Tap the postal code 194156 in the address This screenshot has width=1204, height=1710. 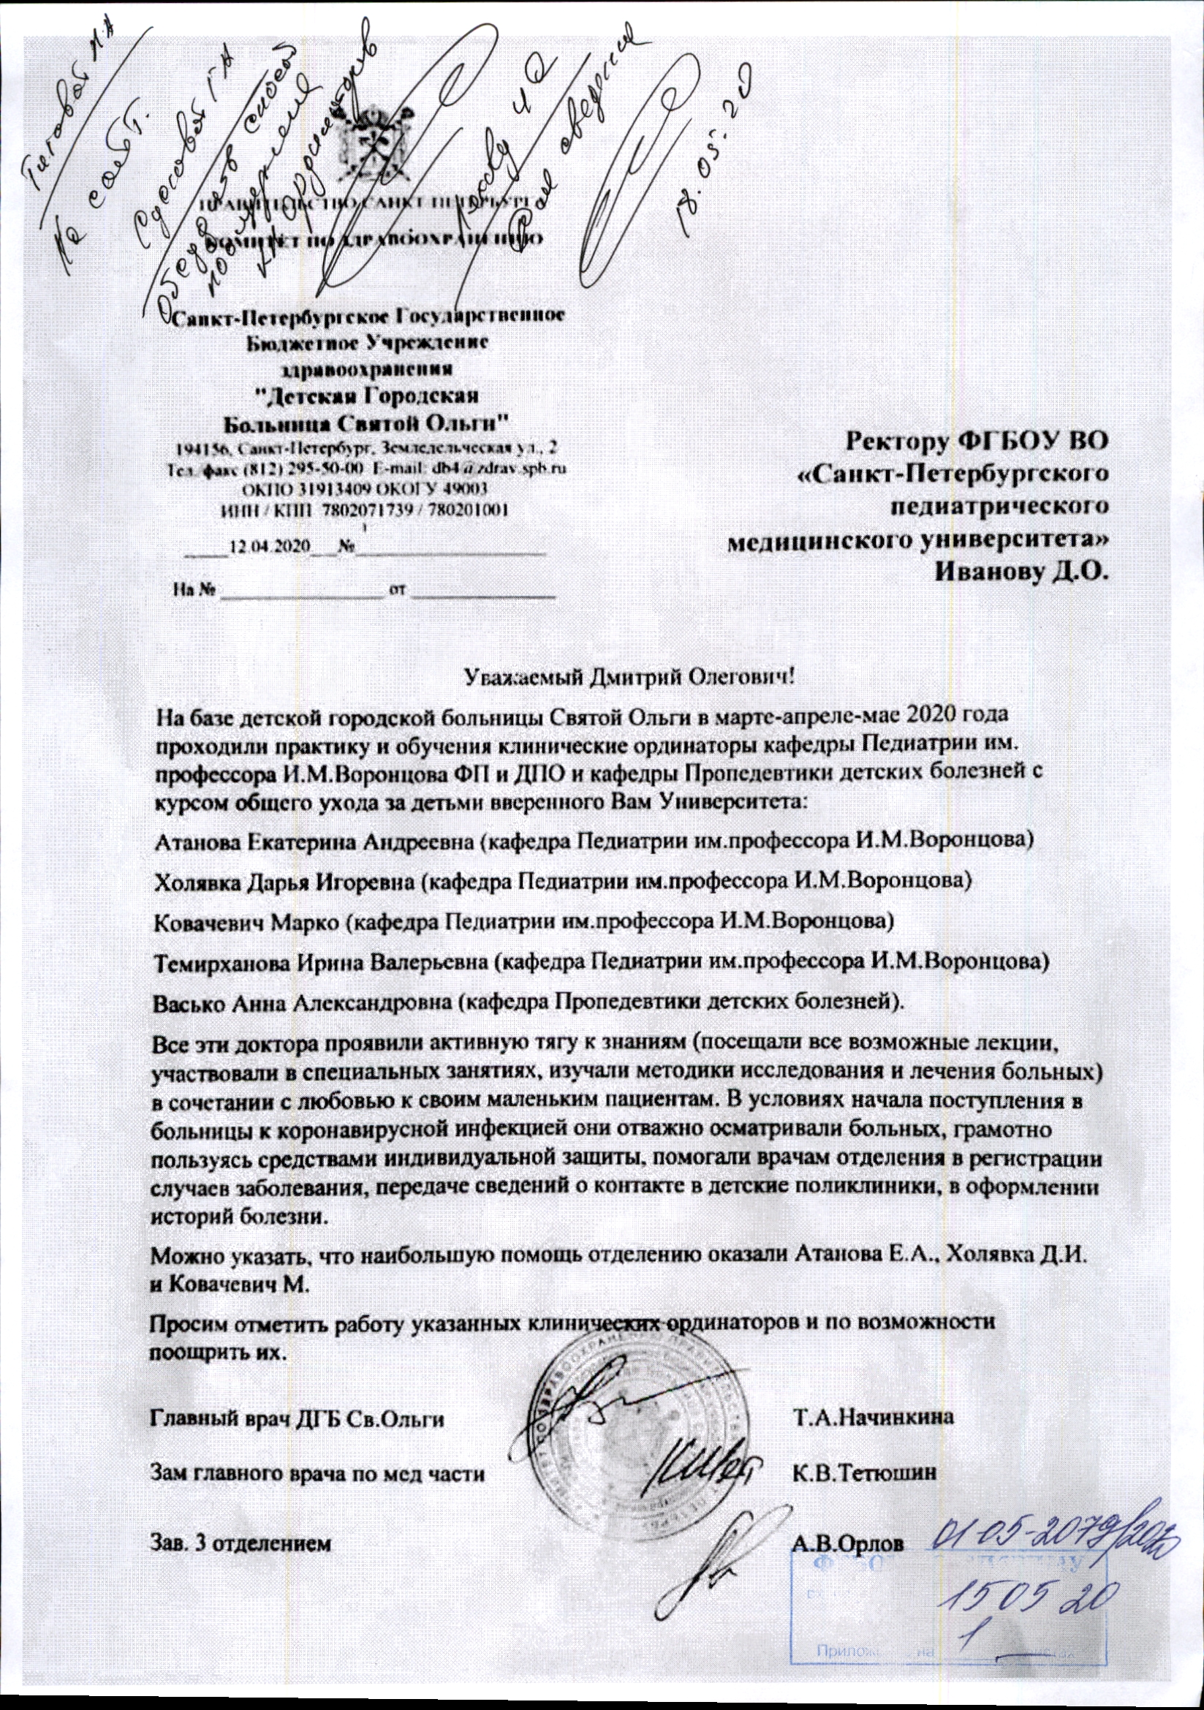tap(196, 448)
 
